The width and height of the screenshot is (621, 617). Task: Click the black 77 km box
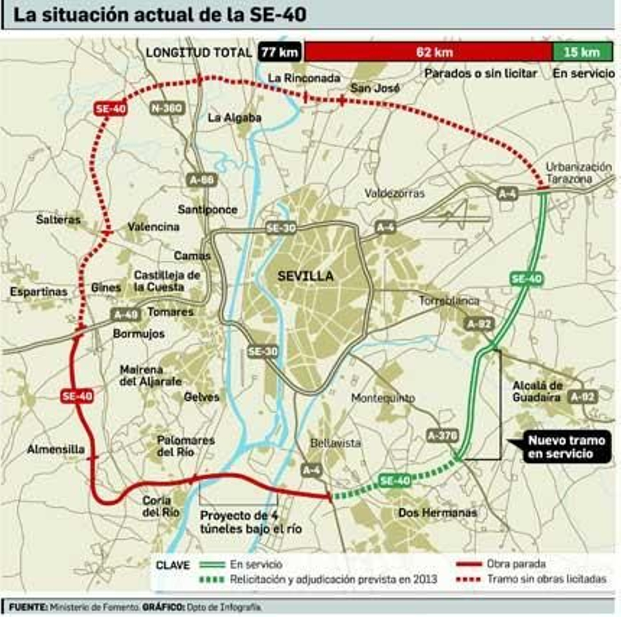click(x=279, y=52)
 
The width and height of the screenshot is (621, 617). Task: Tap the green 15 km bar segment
click(x=582, y=52)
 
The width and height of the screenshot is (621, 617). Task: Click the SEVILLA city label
click(x=306, y=276)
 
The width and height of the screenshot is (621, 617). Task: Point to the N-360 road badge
click(x=167, y=108)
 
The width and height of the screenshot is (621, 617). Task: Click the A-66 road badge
click(x=201, y=180)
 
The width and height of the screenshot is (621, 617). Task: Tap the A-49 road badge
click(x=125, y=314)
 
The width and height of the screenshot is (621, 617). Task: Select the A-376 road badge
click(x=442, y=436)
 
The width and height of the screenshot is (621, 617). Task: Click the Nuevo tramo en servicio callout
click(x=566, y=447)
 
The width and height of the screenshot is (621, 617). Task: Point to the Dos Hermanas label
click(x=437, y=513)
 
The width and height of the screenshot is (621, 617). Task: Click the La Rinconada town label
click(x=304, y=78)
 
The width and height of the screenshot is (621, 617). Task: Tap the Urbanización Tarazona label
click(x=578, y=173)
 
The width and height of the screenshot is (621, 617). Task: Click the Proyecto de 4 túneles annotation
click(x=251, y=522)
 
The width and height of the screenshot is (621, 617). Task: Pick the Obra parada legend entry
click(x=516, y=564)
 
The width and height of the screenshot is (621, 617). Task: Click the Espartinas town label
click(x=38, y=292)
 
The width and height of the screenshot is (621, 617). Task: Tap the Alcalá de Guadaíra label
click(x=537, y=391)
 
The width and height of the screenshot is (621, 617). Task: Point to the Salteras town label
click(x=58, y=220)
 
